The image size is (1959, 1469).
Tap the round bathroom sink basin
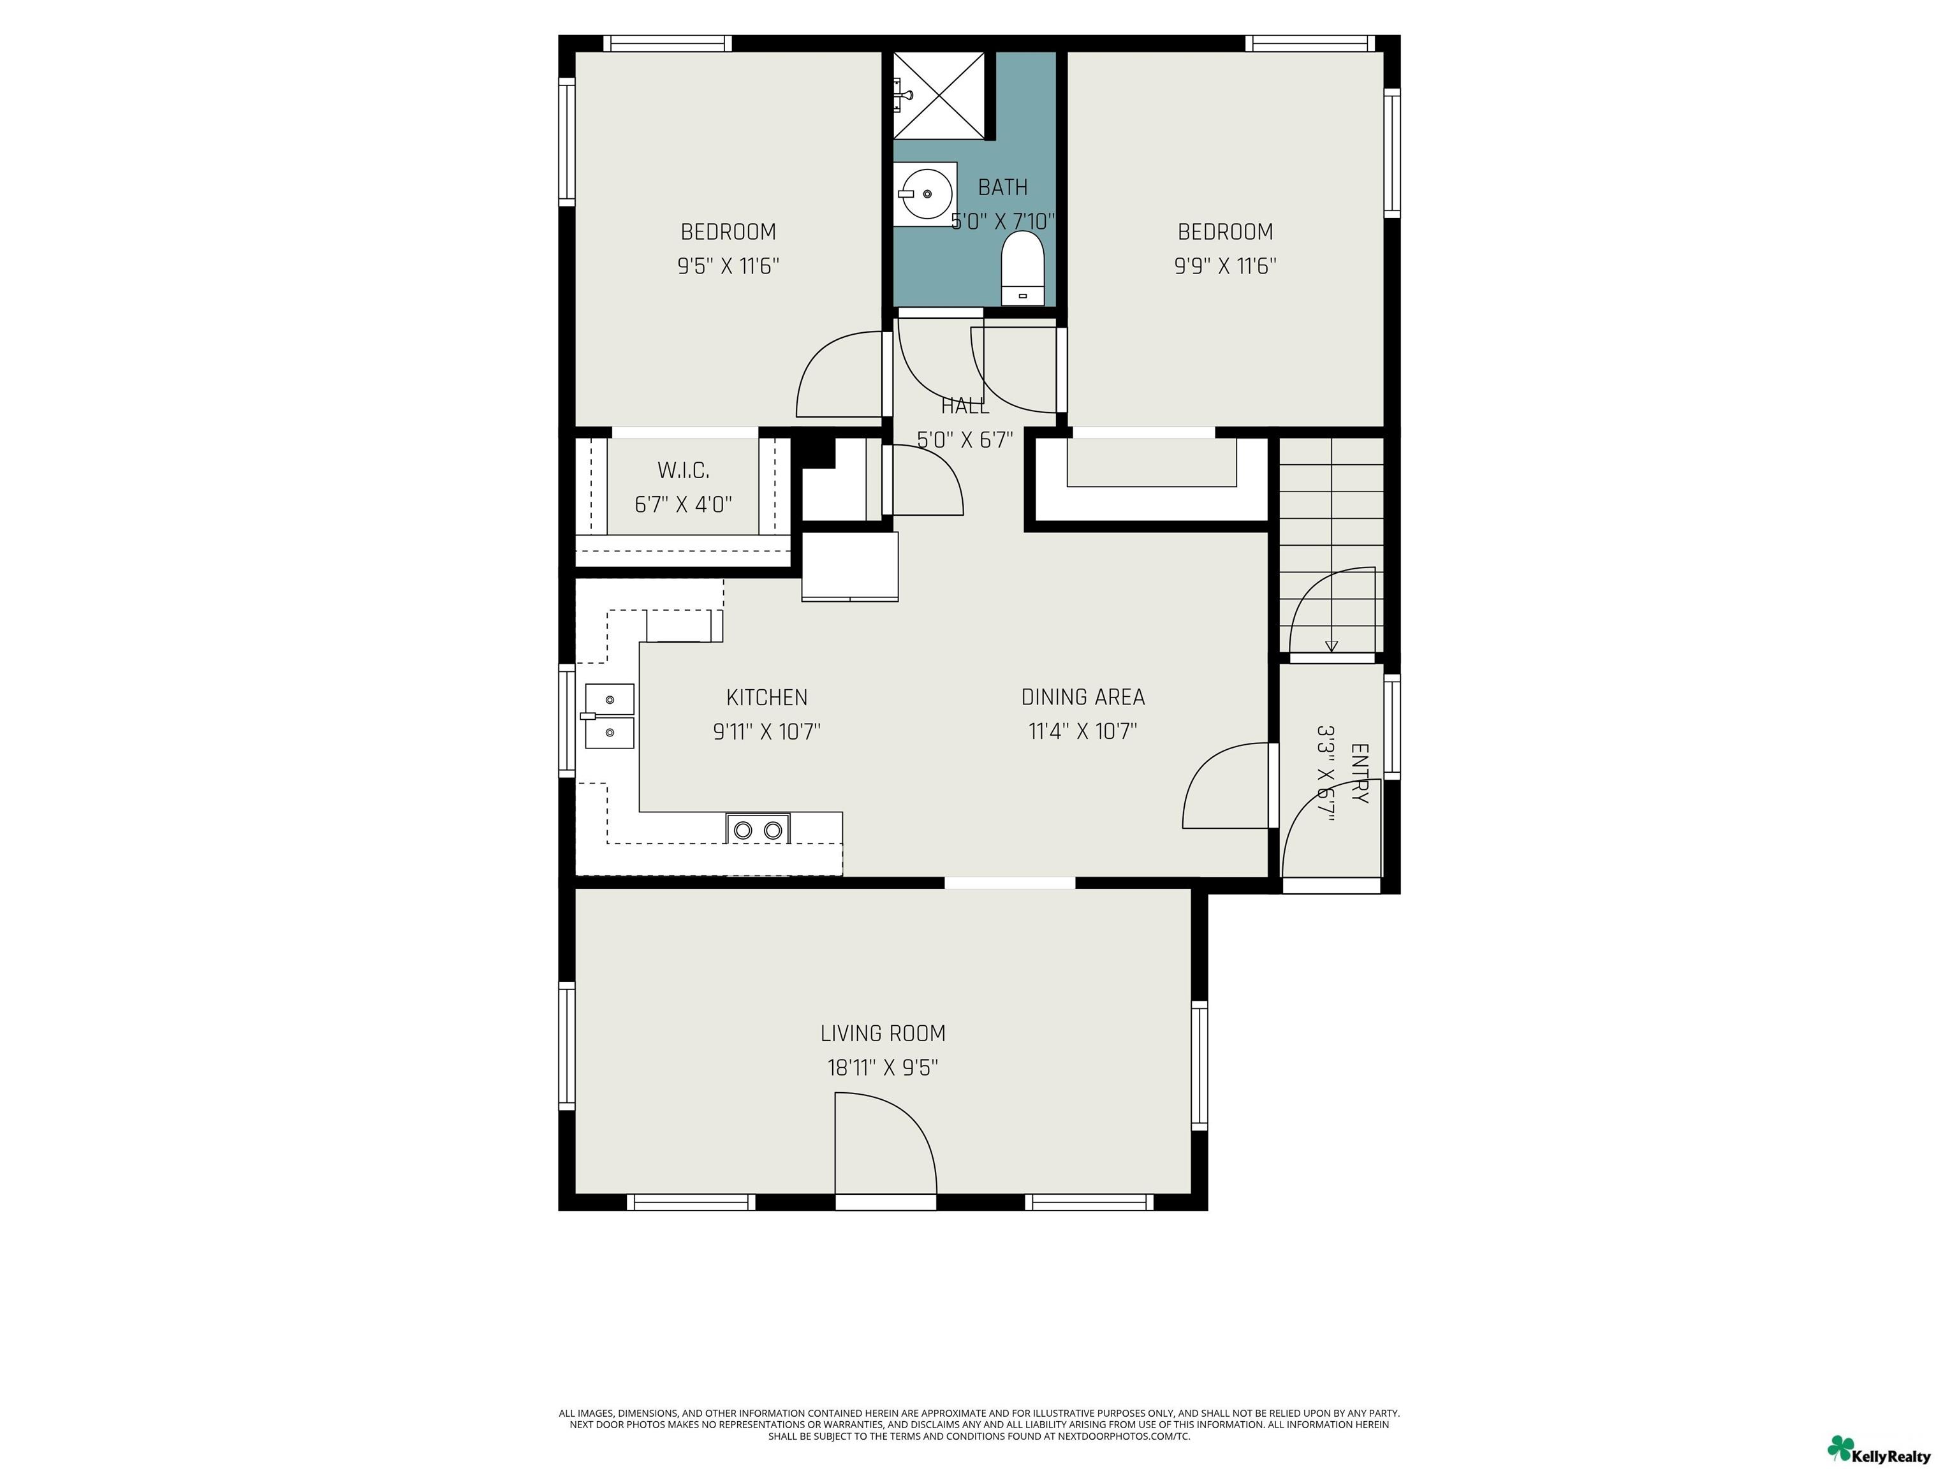click(925, 193)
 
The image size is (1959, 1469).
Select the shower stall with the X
click(939, 95)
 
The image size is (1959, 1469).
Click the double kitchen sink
click(608, 715)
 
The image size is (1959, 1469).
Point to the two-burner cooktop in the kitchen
click(758, 829)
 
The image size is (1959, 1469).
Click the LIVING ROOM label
click(883, 1034)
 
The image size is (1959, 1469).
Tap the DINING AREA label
click(1083, 697)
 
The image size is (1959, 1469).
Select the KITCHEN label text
click(767, 697)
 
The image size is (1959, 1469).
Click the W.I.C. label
click(683, 470)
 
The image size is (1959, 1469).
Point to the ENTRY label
click(1360, 773)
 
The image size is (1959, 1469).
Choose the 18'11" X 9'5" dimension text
click(883, 1067)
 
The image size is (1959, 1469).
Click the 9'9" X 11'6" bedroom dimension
click(1225, 266)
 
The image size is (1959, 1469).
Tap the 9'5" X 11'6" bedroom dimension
click(728, 266)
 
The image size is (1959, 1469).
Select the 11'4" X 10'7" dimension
click(1083, 731)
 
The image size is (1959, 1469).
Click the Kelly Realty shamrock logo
click(1840, 1448)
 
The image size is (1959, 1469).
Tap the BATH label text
click(1002, 187)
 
